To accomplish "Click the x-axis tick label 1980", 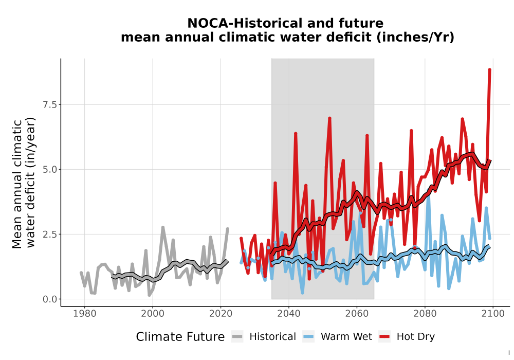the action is pyautogui.click(x=85, y=314).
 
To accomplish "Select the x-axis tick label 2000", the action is pyautogui.click(x=153, y=314).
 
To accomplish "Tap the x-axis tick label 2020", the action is pyautogui.click(x=221, y=314).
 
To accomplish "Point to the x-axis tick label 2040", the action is pyautogui.click(x=288, y=314).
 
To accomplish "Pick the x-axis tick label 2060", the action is pyautogui.click(x=357, y=314).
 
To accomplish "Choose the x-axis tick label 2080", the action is pyautogui.click(x=425, y=314).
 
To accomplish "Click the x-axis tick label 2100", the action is pyautogui.click(x=493, y=314).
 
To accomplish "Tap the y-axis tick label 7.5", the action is pyautogui.click(x=50, y=104).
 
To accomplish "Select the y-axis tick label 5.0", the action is pyautogui.click(x=50, y=170).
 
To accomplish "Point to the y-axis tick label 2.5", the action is pyautogui.click(x=50, y=235).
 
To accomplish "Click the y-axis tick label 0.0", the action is pyautogui.click(x=50, y=299).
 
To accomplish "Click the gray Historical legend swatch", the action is pyautogui.click(x=237, y=337).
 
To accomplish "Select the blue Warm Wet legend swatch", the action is pyautogui.click(x=308, y=337).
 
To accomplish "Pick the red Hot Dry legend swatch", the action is pyautogui.click(x=384, y=337).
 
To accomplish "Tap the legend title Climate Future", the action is pyautogui.click(x=180, y=337).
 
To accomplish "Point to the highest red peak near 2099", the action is pyautogui.click(x=489, y=69).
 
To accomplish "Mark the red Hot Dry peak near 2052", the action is pyautogui.click(x=330, y=118).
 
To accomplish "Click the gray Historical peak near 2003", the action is pyautogui.click(x=162, y=227).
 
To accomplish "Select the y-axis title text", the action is pyautogui.click(x=24, y=183).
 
